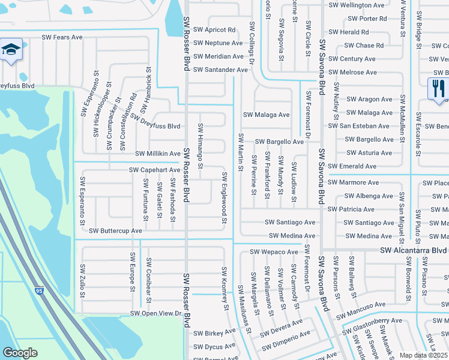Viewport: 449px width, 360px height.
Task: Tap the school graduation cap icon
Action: coord(10,50)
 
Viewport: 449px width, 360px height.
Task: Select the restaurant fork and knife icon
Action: coord(438,89)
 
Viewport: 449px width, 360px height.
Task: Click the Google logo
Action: coord(20,353)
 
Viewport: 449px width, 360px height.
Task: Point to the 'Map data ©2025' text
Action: coord(423,355)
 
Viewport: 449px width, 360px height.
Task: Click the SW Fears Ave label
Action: coord(62,37)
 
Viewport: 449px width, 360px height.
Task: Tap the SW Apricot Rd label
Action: coord(214,30)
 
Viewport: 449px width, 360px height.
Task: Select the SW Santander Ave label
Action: coord(220,70)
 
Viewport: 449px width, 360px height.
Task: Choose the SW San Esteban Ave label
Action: coord(358,126)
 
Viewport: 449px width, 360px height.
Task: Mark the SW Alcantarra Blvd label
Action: coord(413,250)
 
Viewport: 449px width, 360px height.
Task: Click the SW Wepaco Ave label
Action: coord(274,252)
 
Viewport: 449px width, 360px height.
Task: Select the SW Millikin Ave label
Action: coord(158,154)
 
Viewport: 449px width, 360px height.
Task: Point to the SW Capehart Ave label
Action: coord(155,170)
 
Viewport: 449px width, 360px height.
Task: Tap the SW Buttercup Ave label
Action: coord(115,230)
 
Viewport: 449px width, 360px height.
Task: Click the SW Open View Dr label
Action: coord(155,314)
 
